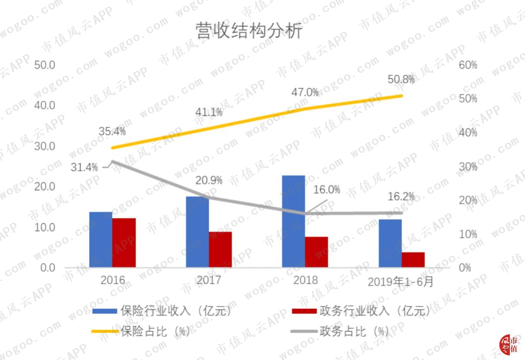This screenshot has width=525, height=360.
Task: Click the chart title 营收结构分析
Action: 249,31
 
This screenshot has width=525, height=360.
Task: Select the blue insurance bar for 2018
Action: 294,221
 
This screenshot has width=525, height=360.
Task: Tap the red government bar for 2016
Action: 124,243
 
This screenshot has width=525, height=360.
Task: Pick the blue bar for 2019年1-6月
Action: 390,244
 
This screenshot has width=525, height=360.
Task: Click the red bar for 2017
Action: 220,250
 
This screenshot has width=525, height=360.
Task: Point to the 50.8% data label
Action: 401,79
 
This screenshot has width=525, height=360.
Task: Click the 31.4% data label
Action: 84,167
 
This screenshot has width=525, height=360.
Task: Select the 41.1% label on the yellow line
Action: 209,112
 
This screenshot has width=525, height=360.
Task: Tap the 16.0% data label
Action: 327,190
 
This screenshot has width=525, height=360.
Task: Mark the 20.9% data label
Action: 209,181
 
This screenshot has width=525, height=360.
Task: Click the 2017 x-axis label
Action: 209,280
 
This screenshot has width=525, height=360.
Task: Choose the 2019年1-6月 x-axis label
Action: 400,282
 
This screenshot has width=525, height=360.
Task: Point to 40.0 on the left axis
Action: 45,106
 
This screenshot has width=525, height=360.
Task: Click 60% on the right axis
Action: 468,65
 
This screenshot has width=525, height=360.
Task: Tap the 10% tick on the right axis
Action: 468,234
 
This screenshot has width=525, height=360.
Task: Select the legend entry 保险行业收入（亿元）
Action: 162,311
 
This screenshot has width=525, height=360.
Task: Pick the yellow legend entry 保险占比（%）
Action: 141,332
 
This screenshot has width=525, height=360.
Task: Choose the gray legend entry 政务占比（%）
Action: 340,332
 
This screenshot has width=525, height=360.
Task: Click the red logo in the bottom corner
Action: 509,345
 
